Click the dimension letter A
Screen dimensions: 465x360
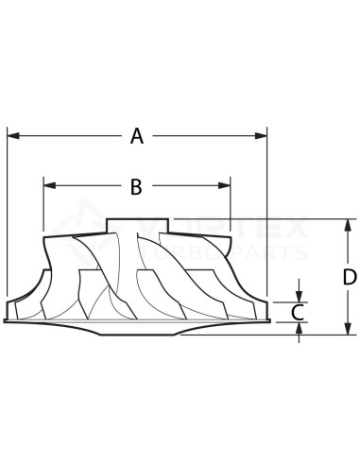pyautogui.click(x=137, y=137)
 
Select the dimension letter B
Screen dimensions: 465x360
pyautogui.click(x=136, y=187)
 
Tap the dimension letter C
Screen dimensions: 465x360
pyautogui.click(x=297, y=311)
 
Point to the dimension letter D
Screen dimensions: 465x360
pyautogui.click(x=349, y=277)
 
